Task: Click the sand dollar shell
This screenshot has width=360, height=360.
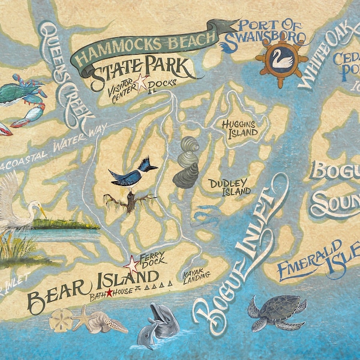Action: [61, 319]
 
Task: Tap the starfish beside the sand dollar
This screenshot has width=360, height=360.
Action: [86, 317]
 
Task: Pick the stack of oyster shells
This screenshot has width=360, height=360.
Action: [186, 162]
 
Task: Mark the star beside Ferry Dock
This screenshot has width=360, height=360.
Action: [131, 262]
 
